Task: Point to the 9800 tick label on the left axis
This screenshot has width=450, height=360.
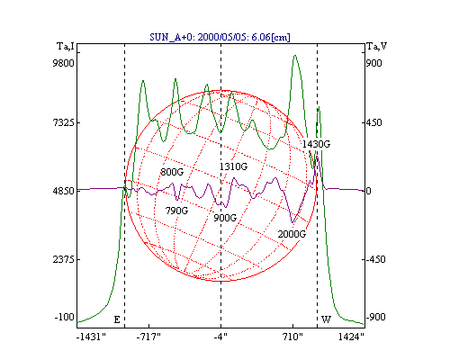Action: tap(63, 63)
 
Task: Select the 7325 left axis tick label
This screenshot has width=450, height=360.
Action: tap(63, 122)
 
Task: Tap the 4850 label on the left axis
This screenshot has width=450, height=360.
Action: tap(63, 191)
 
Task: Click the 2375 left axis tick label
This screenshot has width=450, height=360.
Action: tap(63, 259)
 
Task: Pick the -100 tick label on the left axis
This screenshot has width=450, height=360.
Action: tap(64, 317)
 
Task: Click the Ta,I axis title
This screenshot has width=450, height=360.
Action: tap(66, 47)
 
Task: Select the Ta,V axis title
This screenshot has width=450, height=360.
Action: tap(377, 47)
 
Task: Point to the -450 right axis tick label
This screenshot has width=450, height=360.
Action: tap(375, 259)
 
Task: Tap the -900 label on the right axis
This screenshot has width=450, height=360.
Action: tap(375, 317)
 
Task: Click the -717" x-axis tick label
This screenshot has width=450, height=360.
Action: tap(148, 337)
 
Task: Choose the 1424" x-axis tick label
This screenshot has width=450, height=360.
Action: tap(351, 337)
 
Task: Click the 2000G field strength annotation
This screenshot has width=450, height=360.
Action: tap(292, 234)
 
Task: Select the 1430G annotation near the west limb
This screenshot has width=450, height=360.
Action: tap(316, 144)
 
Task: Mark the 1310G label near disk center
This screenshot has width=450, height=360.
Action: tap(233, 166)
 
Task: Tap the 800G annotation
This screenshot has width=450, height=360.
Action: tap(172, 172)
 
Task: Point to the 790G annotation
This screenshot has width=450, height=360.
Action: tap(176, 211)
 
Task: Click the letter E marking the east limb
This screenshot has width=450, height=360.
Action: tap(117, 319)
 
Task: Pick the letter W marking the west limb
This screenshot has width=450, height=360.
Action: tap(326, 319)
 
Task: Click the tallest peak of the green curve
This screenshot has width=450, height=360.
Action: tap(295, 56)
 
